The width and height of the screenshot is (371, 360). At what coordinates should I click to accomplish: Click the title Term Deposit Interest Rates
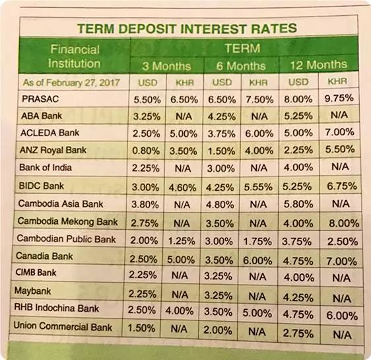(x=187, y=28)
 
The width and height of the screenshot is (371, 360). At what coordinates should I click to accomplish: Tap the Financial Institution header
(x=75, y=57)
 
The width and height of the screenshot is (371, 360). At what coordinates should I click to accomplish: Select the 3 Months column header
(x=166, y=66)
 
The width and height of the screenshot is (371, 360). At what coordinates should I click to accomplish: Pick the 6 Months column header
(x=241, y=65)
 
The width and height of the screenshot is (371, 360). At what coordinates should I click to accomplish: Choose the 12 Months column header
(x=319, y=65)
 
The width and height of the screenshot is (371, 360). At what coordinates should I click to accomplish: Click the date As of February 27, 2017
(x=71, y=83)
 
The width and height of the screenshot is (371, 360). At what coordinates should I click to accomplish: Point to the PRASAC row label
(x=40, y=98)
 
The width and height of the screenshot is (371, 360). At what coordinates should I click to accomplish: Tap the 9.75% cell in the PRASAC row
(x=339, y=98)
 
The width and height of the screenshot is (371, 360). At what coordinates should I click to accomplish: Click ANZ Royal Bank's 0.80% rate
(x=146, y=151)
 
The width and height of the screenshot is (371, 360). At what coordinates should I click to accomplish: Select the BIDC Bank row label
(x=42, y=186)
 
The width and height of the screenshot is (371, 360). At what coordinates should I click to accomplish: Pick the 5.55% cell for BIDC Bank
(x=258, y=187)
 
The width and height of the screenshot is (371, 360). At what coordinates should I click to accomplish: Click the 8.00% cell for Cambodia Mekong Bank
(x=344, y=223)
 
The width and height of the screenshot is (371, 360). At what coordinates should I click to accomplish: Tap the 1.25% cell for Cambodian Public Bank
(x=182, y=241)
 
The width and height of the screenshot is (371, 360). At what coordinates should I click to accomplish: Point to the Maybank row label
(x=32, y=291)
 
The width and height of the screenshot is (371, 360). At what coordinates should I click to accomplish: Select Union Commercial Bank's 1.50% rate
(x=141, y=328)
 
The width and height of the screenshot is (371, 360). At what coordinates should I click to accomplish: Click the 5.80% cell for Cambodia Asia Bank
(x=298, y=204)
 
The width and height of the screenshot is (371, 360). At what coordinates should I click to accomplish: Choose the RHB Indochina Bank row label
(x=57, y=308)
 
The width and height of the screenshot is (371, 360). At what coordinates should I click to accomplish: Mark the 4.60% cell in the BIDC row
(x=183, y=188)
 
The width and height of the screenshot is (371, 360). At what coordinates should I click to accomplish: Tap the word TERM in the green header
(x=242, y=48)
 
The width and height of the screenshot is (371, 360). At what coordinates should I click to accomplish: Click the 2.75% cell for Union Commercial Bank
(x=298, y=334)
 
